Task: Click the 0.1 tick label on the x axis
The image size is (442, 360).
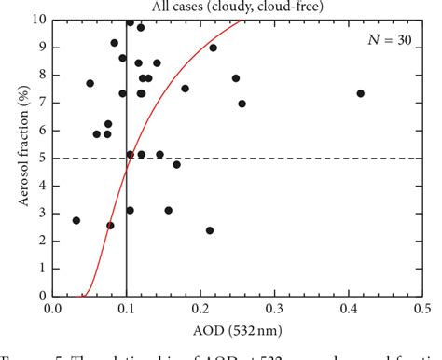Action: (x=127, y=309)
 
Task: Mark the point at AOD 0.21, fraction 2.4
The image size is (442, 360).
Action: (x=210, y=230)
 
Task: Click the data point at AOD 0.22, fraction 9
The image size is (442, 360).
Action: (x=214, y=48)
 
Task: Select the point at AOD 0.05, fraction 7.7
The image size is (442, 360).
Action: (x=90, y=83)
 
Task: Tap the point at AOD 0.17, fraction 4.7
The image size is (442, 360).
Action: (x=177, y=164)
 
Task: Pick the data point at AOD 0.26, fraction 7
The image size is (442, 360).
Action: (x=242, y=104)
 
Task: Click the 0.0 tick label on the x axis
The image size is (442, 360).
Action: (x=53, y=309)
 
